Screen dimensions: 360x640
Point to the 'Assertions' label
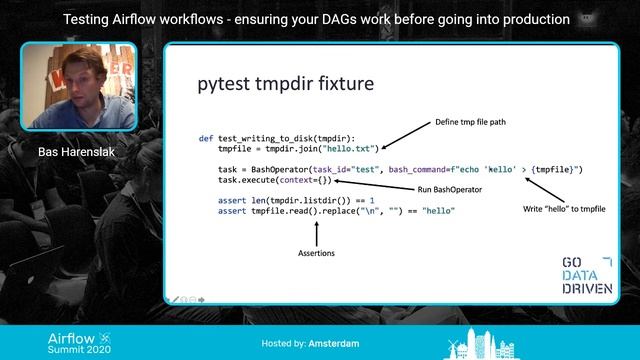316,254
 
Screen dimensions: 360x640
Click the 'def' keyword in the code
204,137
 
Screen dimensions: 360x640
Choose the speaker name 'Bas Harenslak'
77,153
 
